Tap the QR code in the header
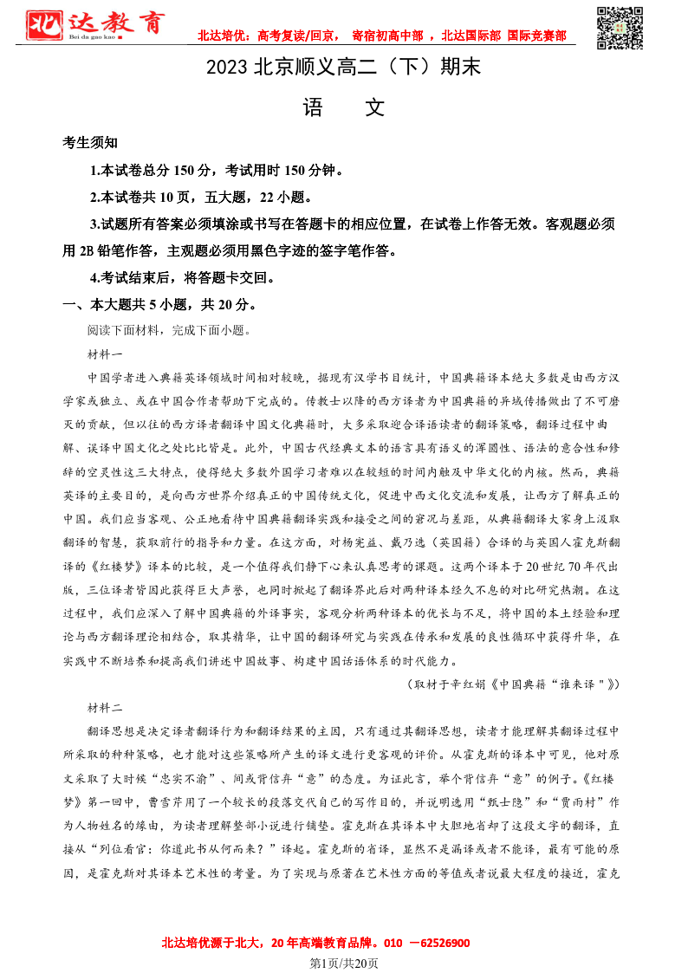click(621, 27)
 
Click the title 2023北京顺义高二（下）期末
click(343, 68)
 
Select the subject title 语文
click(343, 107)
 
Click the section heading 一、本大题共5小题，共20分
click(159, 305)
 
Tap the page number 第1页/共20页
click(344, 963)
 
